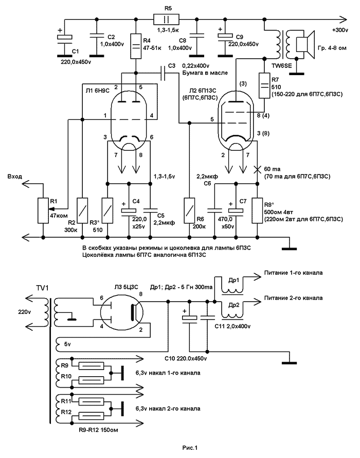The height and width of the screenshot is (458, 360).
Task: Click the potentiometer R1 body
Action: point(43,210)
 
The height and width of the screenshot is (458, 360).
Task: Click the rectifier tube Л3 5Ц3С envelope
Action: point(121,314)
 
